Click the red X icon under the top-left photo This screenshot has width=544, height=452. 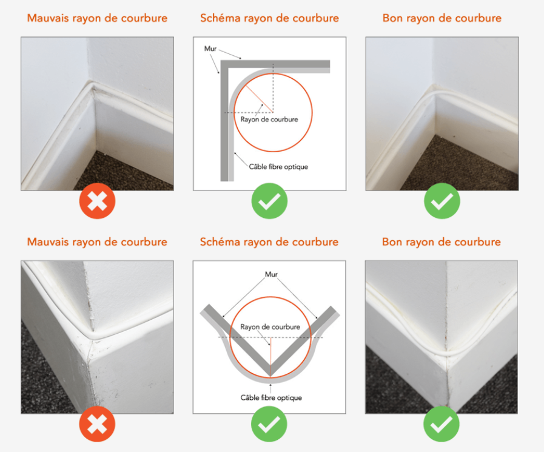(97, 201)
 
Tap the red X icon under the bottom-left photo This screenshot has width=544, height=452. (97, 424)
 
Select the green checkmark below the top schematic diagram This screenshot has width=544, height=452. (269, 201)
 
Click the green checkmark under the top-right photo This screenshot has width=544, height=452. (442, 201)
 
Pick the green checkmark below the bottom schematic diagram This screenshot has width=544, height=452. (269, 424)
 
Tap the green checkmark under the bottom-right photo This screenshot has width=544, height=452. (442, 424)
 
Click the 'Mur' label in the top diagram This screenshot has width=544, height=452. (210, 49)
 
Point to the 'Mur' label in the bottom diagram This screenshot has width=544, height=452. (271, 274)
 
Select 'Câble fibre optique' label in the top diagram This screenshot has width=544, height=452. (278, 167)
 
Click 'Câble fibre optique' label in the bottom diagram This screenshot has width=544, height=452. (271, 397)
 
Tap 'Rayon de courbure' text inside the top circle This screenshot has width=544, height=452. (269, 120)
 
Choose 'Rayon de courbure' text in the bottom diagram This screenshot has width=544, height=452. (270, 326)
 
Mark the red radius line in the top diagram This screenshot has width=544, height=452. (260, 99)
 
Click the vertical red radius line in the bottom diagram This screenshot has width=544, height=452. (270, 357)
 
